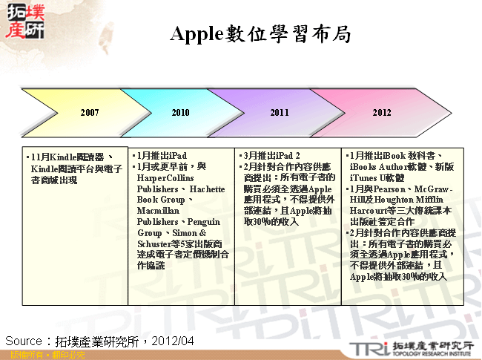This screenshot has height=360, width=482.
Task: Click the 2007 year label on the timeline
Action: pos(90,113)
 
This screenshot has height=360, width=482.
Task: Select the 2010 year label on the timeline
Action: pos(180,113)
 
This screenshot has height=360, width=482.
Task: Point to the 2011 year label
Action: pos(280,113)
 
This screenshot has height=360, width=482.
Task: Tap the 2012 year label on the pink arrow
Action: pos(381,113)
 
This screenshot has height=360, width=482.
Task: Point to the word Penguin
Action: pos(205,221)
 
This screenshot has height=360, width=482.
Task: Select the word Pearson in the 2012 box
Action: pos(387,189)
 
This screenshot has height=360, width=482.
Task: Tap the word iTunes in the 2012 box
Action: pos(365,178)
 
